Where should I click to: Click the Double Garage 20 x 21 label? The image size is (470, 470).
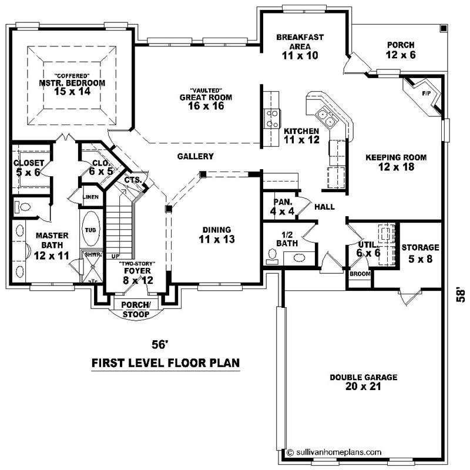coord(363,382)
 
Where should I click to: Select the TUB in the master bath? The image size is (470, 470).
coord(91,231)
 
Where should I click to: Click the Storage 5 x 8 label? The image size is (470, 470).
coord(420,253)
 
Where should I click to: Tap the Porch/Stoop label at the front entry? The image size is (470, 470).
coord(136,309)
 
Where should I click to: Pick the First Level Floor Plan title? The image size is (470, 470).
coord(166,363)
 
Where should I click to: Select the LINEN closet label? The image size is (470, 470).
coord(91,197)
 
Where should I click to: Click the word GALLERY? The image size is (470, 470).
coord(195,156)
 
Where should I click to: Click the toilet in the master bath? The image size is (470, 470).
coord(23,207)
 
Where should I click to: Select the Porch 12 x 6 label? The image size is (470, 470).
coord(400,50)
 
